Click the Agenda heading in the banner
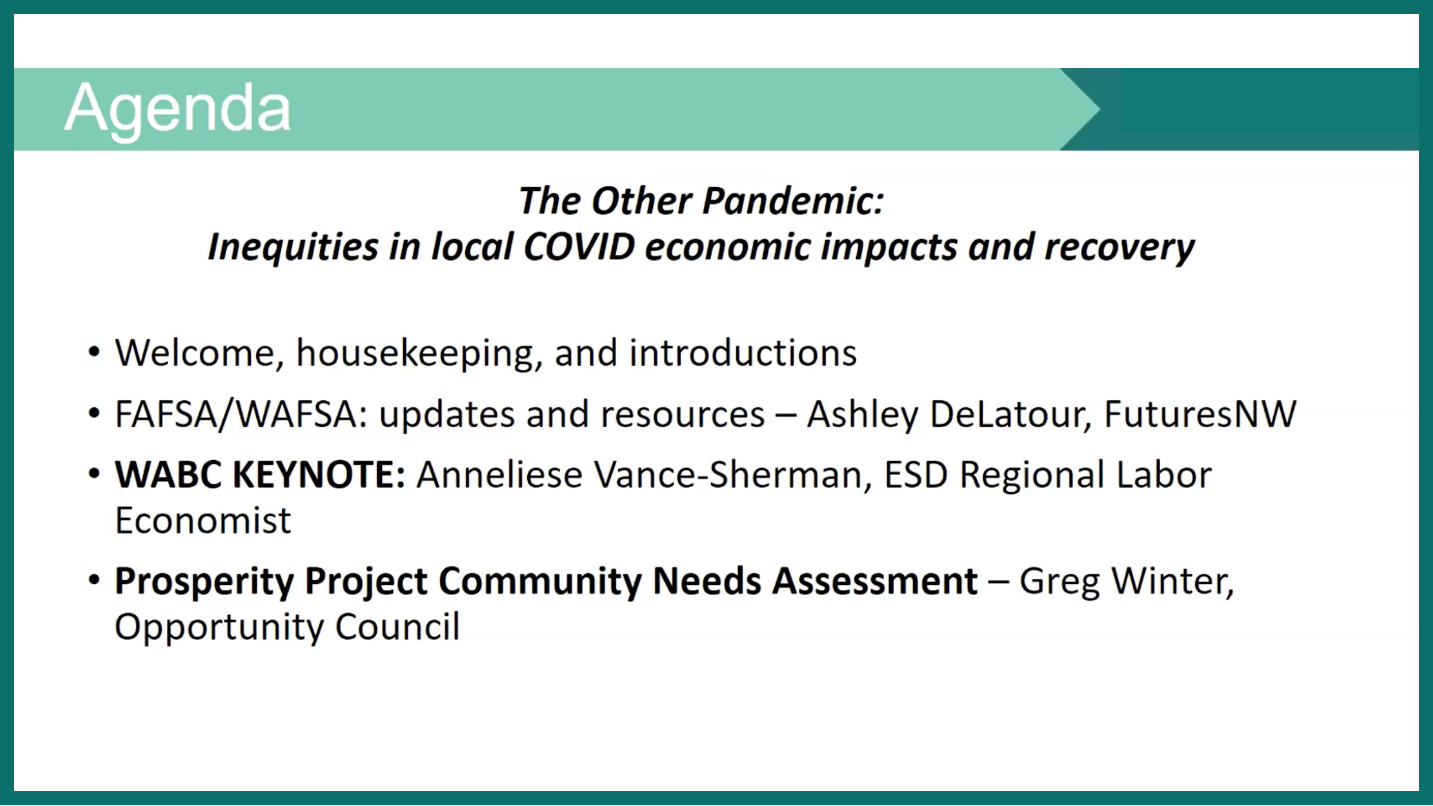177,108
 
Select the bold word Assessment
875,581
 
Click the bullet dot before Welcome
95,352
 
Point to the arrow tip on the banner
1100,108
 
